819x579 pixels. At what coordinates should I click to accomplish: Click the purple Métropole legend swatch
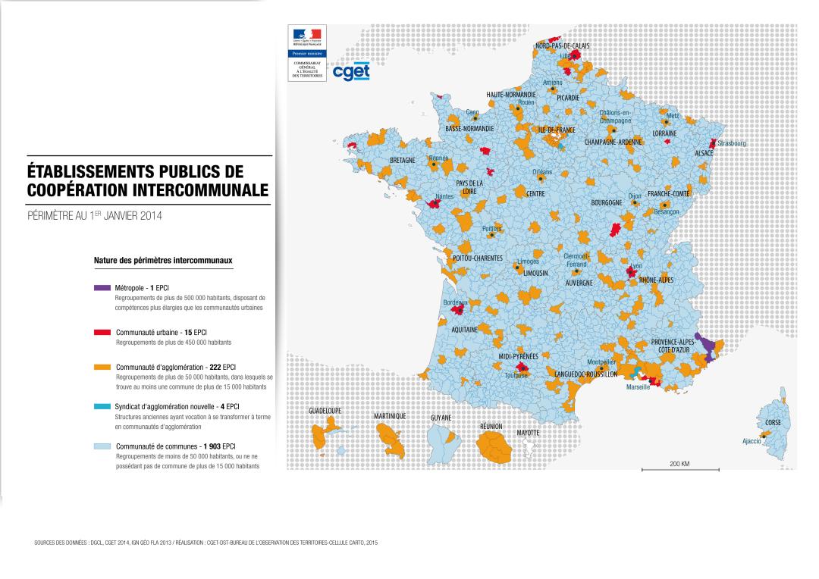tap(102, 289)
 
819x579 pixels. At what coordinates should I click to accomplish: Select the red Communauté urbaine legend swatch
tap(102, 332)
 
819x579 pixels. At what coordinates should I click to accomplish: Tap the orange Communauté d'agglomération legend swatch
tap(102, 367)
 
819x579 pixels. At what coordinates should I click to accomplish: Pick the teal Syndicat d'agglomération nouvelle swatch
tap(102, 407)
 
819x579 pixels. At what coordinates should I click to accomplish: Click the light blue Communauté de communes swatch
tap(102, 447)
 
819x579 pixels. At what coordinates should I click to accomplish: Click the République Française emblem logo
tap(306, 37)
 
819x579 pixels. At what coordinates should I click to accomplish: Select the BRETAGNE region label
tap(403, 161)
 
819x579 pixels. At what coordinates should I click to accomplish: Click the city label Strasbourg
tap(732, 143)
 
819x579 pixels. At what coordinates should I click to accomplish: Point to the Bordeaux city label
tap(456, 302)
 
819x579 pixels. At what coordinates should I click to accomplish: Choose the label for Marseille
tap(638, 387)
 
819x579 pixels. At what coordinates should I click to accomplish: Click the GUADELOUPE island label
tap(325, 410)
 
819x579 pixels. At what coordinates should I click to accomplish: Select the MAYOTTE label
tap(528, 432)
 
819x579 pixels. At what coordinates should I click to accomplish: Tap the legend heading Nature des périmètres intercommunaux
tap(163, 260)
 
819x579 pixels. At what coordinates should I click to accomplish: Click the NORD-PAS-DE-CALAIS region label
tap(563, 46)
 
